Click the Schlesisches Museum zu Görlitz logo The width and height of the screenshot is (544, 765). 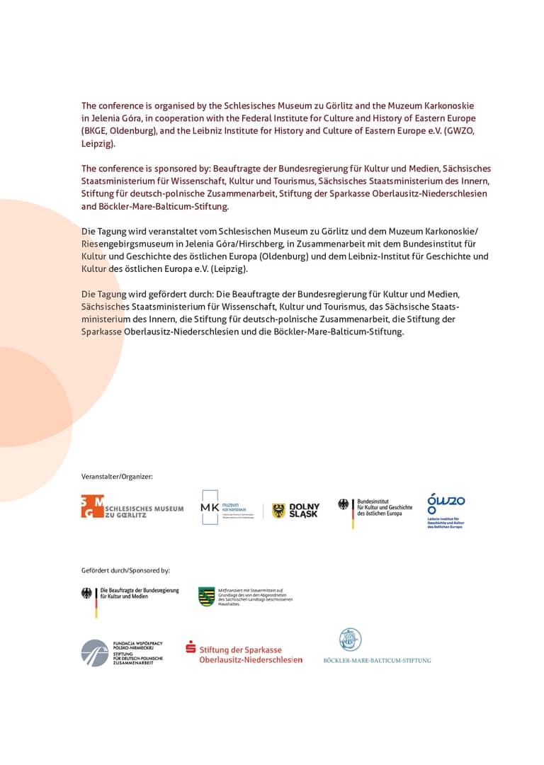click(x=132, y=507)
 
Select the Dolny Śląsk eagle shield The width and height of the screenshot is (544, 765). click(x=279, y=511)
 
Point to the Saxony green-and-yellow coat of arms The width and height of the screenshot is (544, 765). click(x=207, y=596)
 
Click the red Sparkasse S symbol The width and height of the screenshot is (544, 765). click(x=191, y=646)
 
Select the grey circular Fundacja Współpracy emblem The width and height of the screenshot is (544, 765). click(x=94, y=652)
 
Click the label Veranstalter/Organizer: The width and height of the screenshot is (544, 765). click(x=117, y=477)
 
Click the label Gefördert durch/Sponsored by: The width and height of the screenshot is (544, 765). click(x=125, y=570)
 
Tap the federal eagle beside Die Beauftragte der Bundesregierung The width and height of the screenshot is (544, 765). click(x=86, y=594)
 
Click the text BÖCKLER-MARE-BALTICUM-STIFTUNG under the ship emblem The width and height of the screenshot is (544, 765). click(x=377, y=660)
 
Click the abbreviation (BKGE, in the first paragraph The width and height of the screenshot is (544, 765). click(x=95, y=131)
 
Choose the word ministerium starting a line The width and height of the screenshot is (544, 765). click(x=106, y=319)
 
